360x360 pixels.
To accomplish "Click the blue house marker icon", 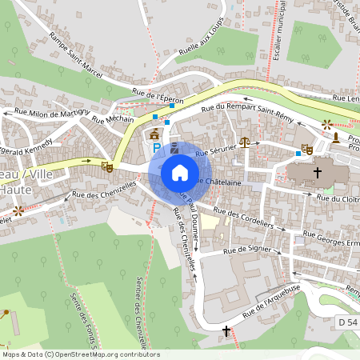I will point(180,172).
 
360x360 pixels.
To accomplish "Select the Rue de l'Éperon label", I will point(158,97).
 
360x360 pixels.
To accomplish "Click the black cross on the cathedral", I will point(318,172).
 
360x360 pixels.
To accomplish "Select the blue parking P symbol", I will point(157,148).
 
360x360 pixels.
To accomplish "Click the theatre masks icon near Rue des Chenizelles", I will point(106,166).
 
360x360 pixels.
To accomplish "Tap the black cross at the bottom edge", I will point(226,330).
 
